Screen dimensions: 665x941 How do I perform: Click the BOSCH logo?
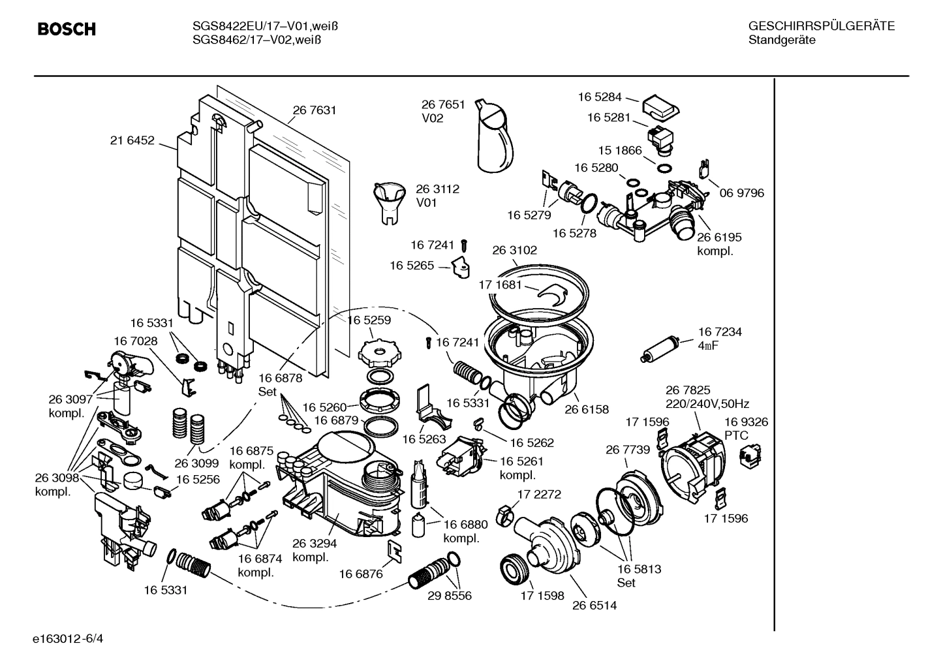click(x=67, y=29)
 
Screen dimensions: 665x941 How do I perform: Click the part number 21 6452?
click(x=132, y=140)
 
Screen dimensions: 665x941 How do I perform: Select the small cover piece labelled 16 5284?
click(x=661, y=108)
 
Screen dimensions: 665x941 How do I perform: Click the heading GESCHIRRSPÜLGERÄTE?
click(x=821, y=26)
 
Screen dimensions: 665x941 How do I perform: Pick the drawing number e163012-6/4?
click(x=67, y=638)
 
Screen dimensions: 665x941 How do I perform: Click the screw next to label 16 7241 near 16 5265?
click(x=464, y=246)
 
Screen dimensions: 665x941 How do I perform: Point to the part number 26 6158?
click(x=586, y=410)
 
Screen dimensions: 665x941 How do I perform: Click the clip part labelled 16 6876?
click(x=395, y=551)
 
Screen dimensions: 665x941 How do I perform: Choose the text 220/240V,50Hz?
click(x=707, y=404)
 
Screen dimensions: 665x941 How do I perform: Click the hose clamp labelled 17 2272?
click(x=504, y=514)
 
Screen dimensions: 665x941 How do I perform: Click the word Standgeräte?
click(x=781, y=40)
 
